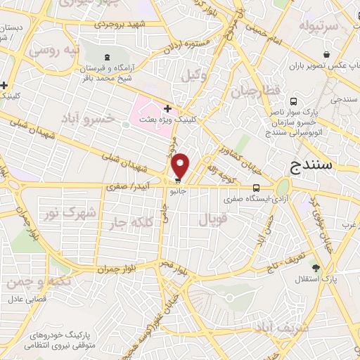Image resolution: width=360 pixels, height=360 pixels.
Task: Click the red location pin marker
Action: [x=181, y=165]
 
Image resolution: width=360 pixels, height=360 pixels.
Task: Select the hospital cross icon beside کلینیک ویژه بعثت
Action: [x=167, y=108]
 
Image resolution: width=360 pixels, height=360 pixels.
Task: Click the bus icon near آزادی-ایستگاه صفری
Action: [x=256, y=188]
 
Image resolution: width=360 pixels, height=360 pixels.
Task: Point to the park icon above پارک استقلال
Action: [x=316, y=267]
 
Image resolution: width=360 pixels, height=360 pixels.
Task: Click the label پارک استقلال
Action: [x=316, y=280]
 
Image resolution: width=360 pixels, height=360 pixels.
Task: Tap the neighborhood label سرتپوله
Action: [x=319, y=26]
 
